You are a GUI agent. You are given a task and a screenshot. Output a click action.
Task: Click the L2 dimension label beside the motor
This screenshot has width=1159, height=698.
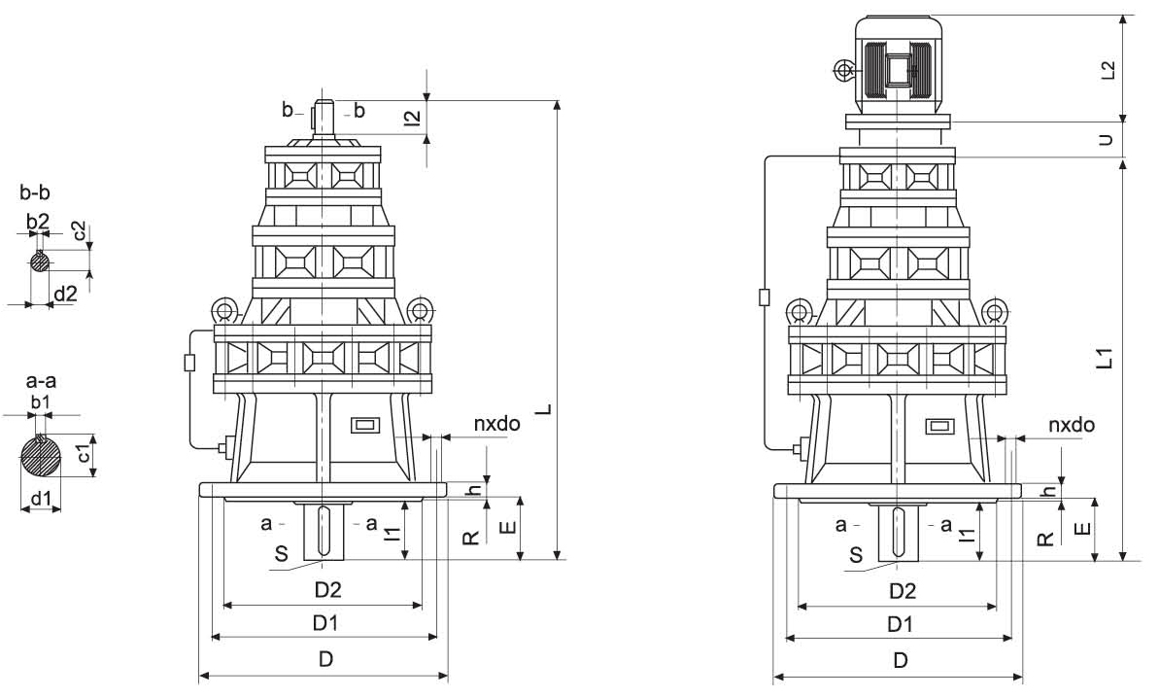click(x=1108, y=69)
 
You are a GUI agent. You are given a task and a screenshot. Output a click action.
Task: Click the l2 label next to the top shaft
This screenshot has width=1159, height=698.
click(x=413, y=118)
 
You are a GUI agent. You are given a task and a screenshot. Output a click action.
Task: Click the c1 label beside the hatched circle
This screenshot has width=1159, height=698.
click(x=85, y=454)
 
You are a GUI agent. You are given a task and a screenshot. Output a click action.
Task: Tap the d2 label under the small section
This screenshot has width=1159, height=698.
click(x=65, y=295)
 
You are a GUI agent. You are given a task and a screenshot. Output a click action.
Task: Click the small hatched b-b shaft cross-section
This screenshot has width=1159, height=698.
click(x=39, y=262)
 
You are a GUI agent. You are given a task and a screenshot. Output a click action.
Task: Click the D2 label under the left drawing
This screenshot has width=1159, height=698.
click(x=329, y=590)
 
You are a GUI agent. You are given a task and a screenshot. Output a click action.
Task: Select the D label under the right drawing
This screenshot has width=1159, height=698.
click(x=901, y=661)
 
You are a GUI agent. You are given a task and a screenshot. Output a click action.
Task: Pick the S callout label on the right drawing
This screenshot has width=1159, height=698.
click(x=856, y=555)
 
